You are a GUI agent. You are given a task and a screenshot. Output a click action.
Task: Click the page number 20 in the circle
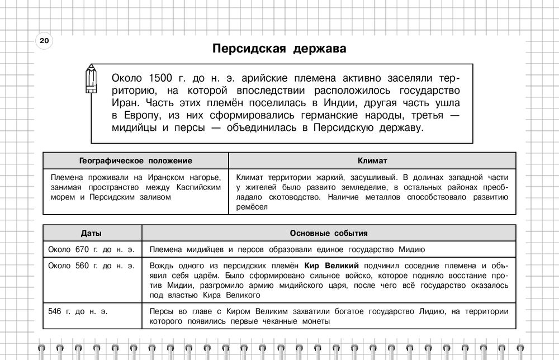coord(44,41)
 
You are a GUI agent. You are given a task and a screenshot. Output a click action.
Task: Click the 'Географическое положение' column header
coord(136,160)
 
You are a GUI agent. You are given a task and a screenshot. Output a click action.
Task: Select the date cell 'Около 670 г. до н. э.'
coord(92,249)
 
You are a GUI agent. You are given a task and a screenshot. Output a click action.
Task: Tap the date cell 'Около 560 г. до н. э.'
coord(92,265)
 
